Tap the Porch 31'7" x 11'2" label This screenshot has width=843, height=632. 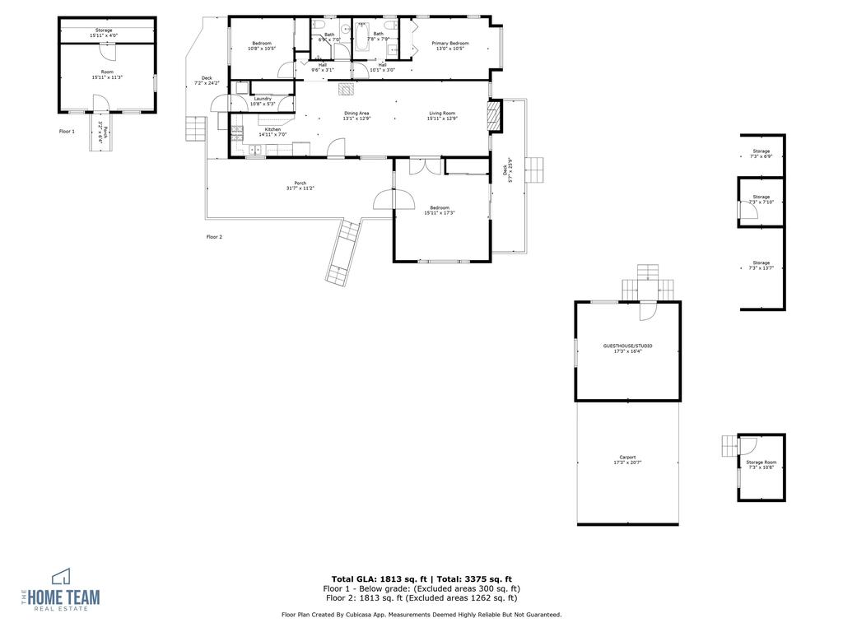click(300, 185)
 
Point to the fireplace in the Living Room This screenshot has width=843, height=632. click(494, 116)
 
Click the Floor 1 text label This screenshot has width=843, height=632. click(67, 131)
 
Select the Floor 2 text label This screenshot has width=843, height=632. click(214, 236)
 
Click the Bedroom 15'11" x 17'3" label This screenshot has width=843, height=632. click(439, 210)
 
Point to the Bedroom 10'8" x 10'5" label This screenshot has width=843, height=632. click(261, 45)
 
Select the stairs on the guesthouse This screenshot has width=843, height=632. click(649, 284)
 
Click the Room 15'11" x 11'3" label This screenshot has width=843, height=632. click(107, 75)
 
